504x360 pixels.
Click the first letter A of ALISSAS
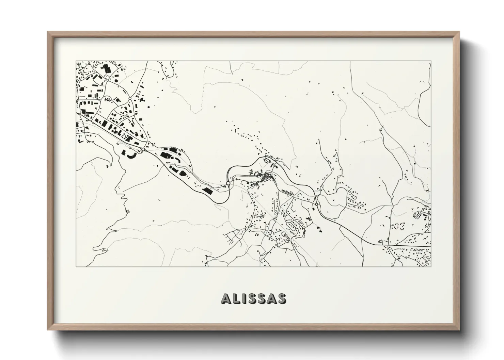tap(227, 298)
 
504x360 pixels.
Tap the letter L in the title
tap(237, 298)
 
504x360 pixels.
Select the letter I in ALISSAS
tap(244, 298)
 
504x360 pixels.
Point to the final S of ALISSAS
tap(282, 298)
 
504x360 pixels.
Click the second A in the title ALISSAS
tap(272, 298)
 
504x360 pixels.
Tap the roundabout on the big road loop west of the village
tap(228, 183)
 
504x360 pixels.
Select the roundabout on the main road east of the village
tap(317, 204)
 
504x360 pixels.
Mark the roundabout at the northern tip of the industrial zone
tap(130, 99)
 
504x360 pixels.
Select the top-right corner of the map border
tap(431, 61)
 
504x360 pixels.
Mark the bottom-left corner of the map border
tap(76, 266)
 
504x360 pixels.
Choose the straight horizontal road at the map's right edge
tap(409, 245)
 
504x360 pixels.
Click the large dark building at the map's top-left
tap(106, 68)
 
